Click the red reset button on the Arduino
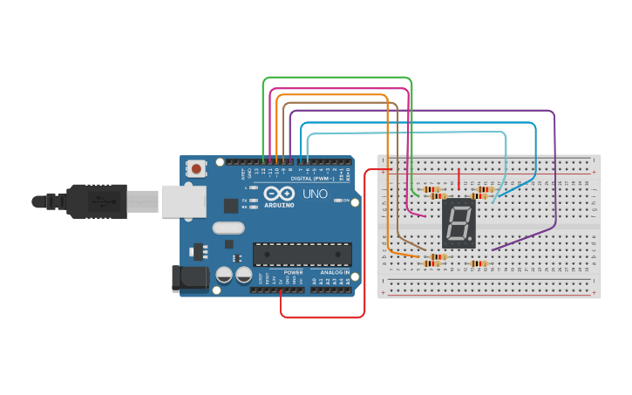(198, 167)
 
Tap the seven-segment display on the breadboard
(459, 225)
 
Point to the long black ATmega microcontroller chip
(302, 254)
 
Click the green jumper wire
(336, 78)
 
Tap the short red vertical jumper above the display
(459, 178)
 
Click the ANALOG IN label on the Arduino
(334, 273)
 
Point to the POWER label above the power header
(293, 272)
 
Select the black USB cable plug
(105, 202)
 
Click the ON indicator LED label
(346, 201)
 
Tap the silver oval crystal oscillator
(228, 229)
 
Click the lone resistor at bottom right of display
(479, 263)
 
